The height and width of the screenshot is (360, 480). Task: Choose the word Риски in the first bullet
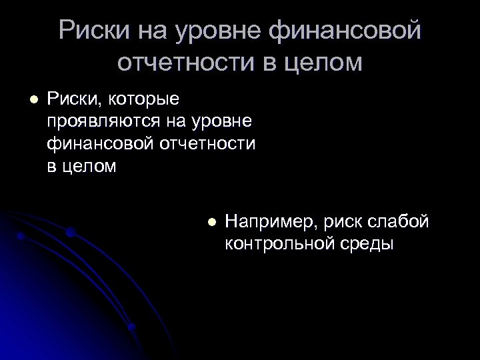[x=70, y=100]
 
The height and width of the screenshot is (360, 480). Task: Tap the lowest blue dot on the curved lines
[x=131, y=327]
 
